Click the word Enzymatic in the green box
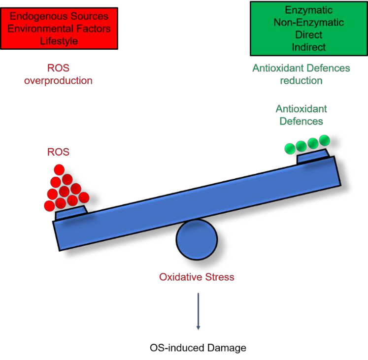pos(301,10)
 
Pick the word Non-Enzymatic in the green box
pos(301,23)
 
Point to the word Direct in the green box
pos(301,35)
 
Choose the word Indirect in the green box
pos(301,47)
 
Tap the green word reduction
pos(301,80)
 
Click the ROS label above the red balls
pos(58,152)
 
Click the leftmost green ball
pos(291,147)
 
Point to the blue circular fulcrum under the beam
pos(197,240)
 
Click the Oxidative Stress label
pos(197,277)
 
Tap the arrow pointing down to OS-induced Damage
pos(198,310)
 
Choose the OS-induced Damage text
pos(198,348)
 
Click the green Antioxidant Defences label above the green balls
pos(301,115)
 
